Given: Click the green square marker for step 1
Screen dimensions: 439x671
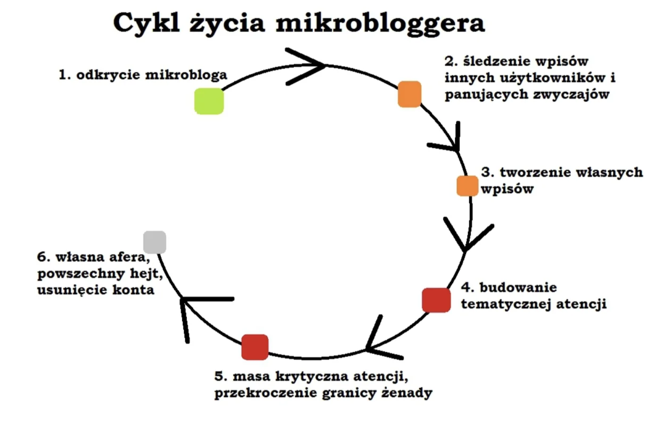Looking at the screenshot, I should click(209, 101).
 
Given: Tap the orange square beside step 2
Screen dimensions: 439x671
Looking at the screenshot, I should click(410, 94).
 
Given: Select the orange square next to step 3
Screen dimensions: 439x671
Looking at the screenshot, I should click(467, 186).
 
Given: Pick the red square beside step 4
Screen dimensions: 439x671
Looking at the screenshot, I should click(436, 300).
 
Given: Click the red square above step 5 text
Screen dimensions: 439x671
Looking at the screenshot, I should click(255, 347).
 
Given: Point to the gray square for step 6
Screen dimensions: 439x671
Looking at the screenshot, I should click(155, 242).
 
